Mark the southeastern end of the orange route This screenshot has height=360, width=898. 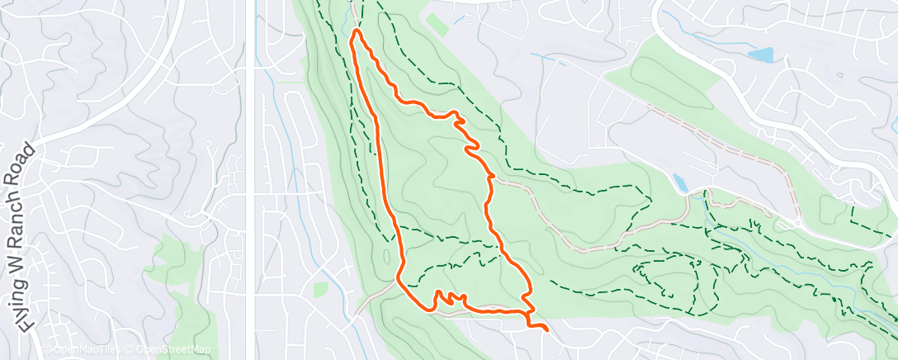pyautogui.click(x=546, y=329)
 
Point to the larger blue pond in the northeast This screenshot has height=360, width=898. pyautogui.click(x=760, y=55)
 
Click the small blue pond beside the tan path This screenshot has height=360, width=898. pyautogui.click(x=679, y=182)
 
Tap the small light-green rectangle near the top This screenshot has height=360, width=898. pyautogui.click(x=438, y=24)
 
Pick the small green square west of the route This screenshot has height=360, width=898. pyautogui.click(x=319, y=289)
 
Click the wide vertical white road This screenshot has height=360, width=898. pyautogui.click(x=250, y=165)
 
